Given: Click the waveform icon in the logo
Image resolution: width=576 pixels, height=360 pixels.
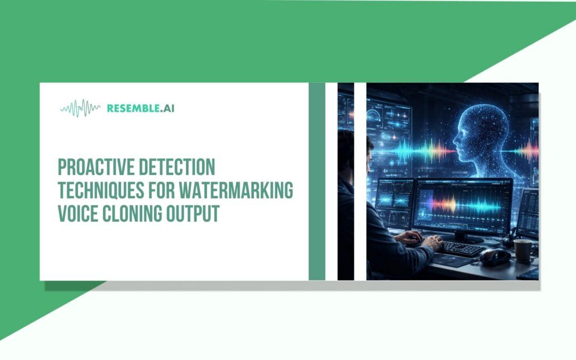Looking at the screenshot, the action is [80, 108].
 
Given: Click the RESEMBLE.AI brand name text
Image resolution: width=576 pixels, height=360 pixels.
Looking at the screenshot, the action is [141, 108].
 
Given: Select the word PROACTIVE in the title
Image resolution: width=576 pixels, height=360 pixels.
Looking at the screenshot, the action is [96, 167].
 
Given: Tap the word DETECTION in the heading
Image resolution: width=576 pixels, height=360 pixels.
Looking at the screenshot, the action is [177, 167].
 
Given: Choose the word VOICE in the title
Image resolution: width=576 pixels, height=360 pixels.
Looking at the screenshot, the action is [78, 213].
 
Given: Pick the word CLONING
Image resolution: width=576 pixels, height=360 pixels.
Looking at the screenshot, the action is [132, 213].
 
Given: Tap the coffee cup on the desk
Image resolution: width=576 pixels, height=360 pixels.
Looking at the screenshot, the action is [523, 251].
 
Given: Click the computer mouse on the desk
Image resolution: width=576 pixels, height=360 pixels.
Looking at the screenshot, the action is [494, 257].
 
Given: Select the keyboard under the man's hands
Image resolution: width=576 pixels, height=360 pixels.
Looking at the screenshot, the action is [461, 249].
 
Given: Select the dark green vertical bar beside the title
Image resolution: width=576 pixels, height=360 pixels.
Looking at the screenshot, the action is [317, 181].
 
